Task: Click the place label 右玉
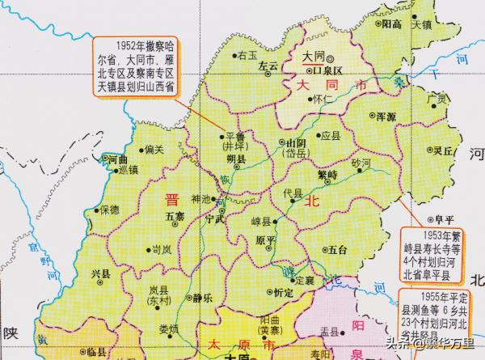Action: click(247, 55)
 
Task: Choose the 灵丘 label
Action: click(441, 150)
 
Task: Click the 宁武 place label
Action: click(215, 218)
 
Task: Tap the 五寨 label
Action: click(175, 217)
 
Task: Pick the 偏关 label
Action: click(153, 149)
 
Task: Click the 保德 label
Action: click(109, 210)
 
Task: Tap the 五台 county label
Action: click(339, 250)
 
